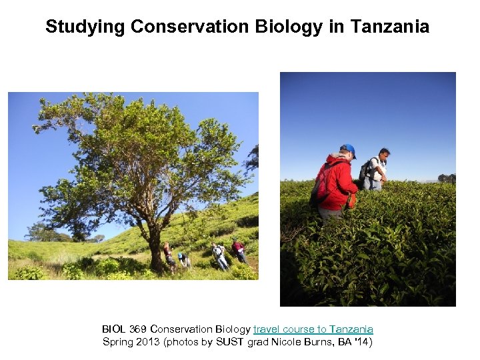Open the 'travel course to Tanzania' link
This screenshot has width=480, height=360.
pyautogui.click(x=313, y=329)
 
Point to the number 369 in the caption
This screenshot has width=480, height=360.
pyautogui.click(x=136, y=329)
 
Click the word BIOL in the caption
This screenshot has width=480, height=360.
pyautogui.click(x=113, y=329)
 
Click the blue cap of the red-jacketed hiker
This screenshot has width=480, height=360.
pyautogui.click(x=347, y=149)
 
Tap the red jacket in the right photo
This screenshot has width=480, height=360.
pyautogui.click(x=339, y=181)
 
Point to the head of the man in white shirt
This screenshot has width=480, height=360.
pyautogui.click(x=383, y=154)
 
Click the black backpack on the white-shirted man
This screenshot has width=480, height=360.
pyautogui.click(x=365, y=171)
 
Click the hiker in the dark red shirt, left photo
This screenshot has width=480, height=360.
pyautogui.click(x=239, y=250)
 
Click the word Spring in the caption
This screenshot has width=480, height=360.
pyautogui.click(x=117, y=342)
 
